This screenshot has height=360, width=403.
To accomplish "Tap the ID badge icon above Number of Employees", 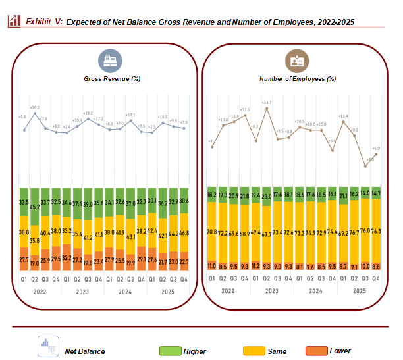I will (x=294, y=61).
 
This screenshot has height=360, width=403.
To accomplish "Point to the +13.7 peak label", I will (x=267, y=103).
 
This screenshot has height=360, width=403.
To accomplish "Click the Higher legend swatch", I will (x=171, y=351).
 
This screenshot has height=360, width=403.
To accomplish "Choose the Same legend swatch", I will (x=255, y=351).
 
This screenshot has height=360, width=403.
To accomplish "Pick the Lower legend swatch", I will (x=317, y=351).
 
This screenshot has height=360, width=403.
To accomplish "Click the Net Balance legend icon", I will (x=47, y=346).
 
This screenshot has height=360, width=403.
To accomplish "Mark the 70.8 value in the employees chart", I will (x=212, y=232).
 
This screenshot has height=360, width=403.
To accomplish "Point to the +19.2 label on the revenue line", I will (x=88, y=113).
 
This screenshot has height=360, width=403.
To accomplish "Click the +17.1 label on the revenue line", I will (x=130, y=115).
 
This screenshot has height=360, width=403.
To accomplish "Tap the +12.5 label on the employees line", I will (x=245, y=110).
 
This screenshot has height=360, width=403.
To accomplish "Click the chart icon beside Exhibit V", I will (x=13, y=21).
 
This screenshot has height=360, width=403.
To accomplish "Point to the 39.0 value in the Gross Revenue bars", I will (x=88, y=205).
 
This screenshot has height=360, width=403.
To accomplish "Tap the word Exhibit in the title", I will (x=39, y=22).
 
